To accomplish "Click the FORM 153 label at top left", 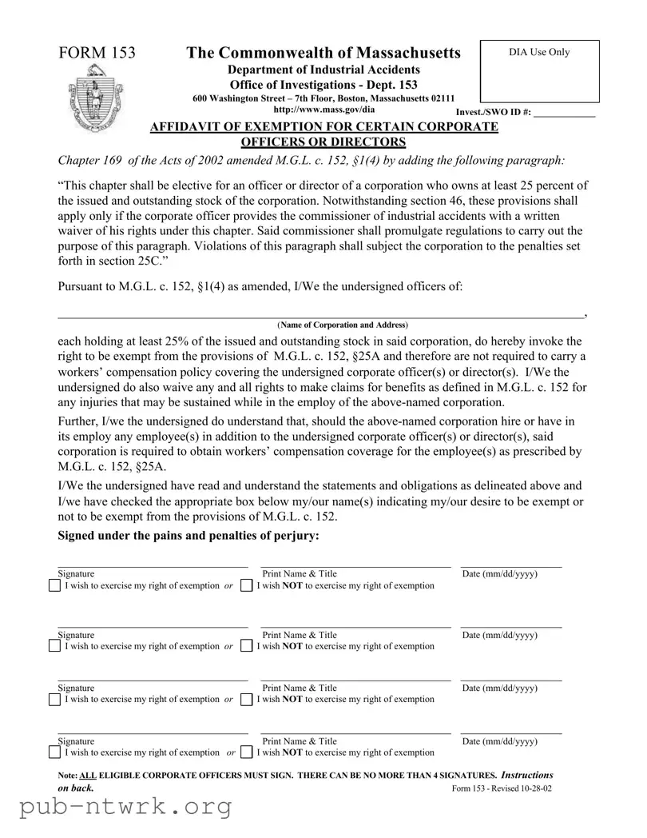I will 97,54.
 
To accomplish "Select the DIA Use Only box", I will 539,71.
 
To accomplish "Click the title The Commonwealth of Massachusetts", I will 323,54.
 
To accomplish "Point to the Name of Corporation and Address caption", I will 342,325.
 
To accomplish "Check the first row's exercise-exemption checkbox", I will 54,586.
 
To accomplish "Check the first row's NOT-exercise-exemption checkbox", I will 246,586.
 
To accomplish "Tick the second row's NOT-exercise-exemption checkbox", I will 246,646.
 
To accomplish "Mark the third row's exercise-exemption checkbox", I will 54,700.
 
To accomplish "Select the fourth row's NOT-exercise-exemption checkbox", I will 246,752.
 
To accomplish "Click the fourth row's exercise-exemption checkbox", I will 54,752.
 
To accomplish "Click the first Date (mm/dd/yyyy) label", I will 499,574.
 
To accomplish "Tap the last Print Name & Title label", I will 300,741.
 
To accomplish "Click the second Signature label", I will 76,635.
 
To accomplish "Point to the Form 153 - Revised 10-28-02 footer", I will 502,788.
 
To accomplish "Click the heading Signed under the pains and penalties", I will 189,536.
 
